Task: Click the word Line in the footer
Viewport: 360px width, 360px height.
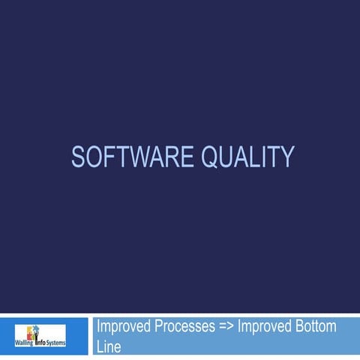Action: click(x=109, y=346)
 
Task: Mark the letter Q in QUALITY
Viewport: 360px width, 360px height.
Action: click(x=213, y=157)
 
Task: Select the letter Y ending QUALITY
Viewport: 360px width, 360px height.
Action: click(x=286, y=157)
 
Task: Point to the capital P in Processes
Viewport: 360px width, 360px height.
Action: click(x=160, y=327)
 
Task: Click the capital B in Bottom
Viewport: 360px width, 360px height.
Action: click(x=301, y=327)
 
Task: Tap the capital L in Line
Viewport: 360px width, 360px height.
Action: click(x=100, y=346)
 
